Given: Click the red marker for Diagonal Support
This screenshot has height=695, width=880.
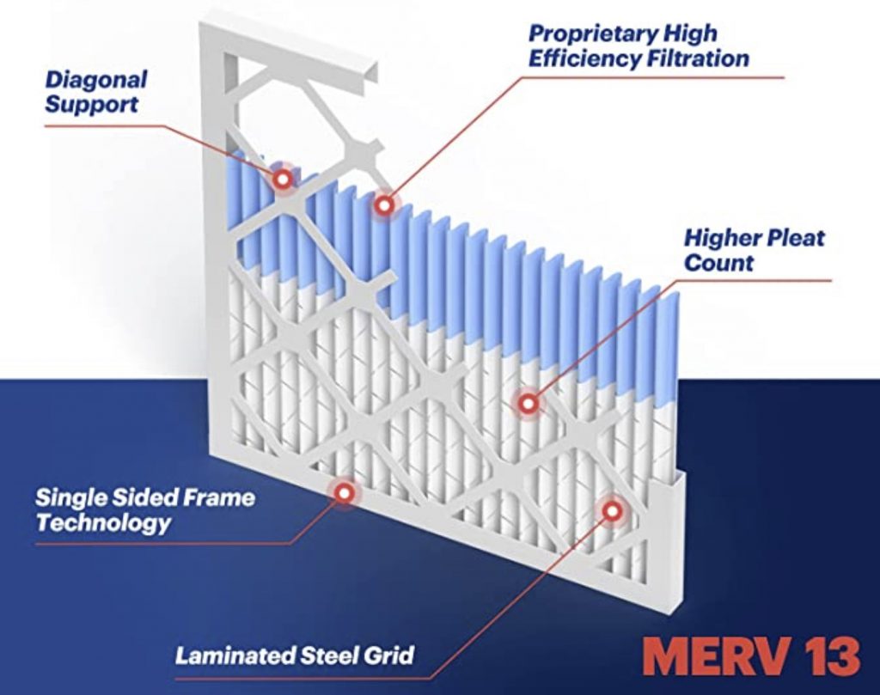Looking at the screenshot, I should (x=283, y=179).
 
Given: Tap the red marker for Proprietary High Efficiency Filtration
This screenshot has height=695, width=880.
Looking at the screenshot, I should (x=384, y=204).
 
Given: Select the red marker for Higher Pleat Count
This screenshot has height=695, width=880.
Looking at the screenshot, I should (x=529, y=402).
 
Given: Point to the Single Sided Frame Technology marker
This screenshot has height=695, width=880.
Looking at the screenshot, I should (x=344, y=492).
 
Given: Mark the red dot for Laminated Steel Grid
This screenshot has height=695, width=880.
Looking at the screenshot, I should (x=612, y=510).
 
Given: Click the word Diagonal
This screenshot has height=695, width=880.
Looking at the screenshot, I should (x=95, y=80).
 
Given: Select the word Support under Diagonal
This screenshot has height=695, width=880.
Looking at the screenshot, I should (x=91, y=105).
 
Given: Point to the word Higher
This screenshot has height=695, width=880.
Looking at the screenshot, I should (x=717, y=237).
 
